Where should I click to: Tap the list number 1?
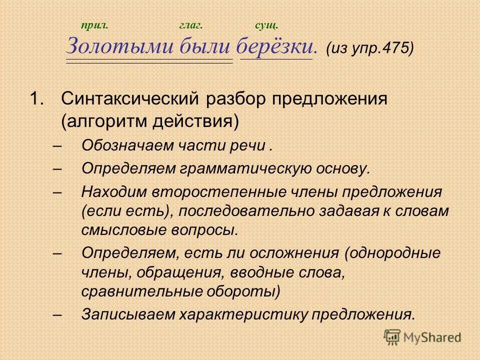pyautogui.click(x=37, y=98)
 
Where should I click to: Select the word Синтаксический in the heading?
pyautogui.click(x=129, y=99)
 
